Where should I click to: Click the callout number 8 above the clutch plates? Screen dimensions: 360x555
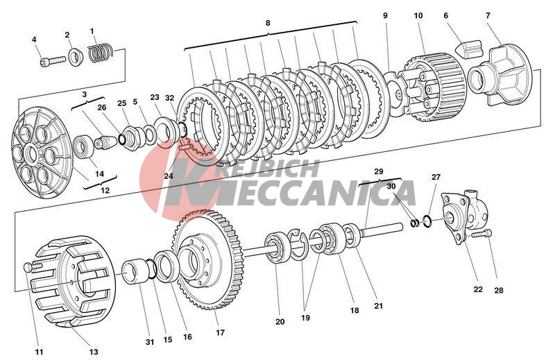pos(268,23)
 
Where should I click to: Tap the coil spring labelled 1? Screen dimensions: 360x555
pos(101,51)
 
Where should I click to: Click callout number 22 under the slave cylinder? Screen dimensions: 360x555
pos(478,289)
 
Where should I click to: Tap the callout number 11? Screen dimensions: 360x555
pos(39,352)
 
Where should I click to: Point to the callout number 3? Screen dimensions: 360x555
pos(85,94)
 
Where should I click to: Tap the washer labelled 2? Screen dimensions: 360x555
pos(76,54)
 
